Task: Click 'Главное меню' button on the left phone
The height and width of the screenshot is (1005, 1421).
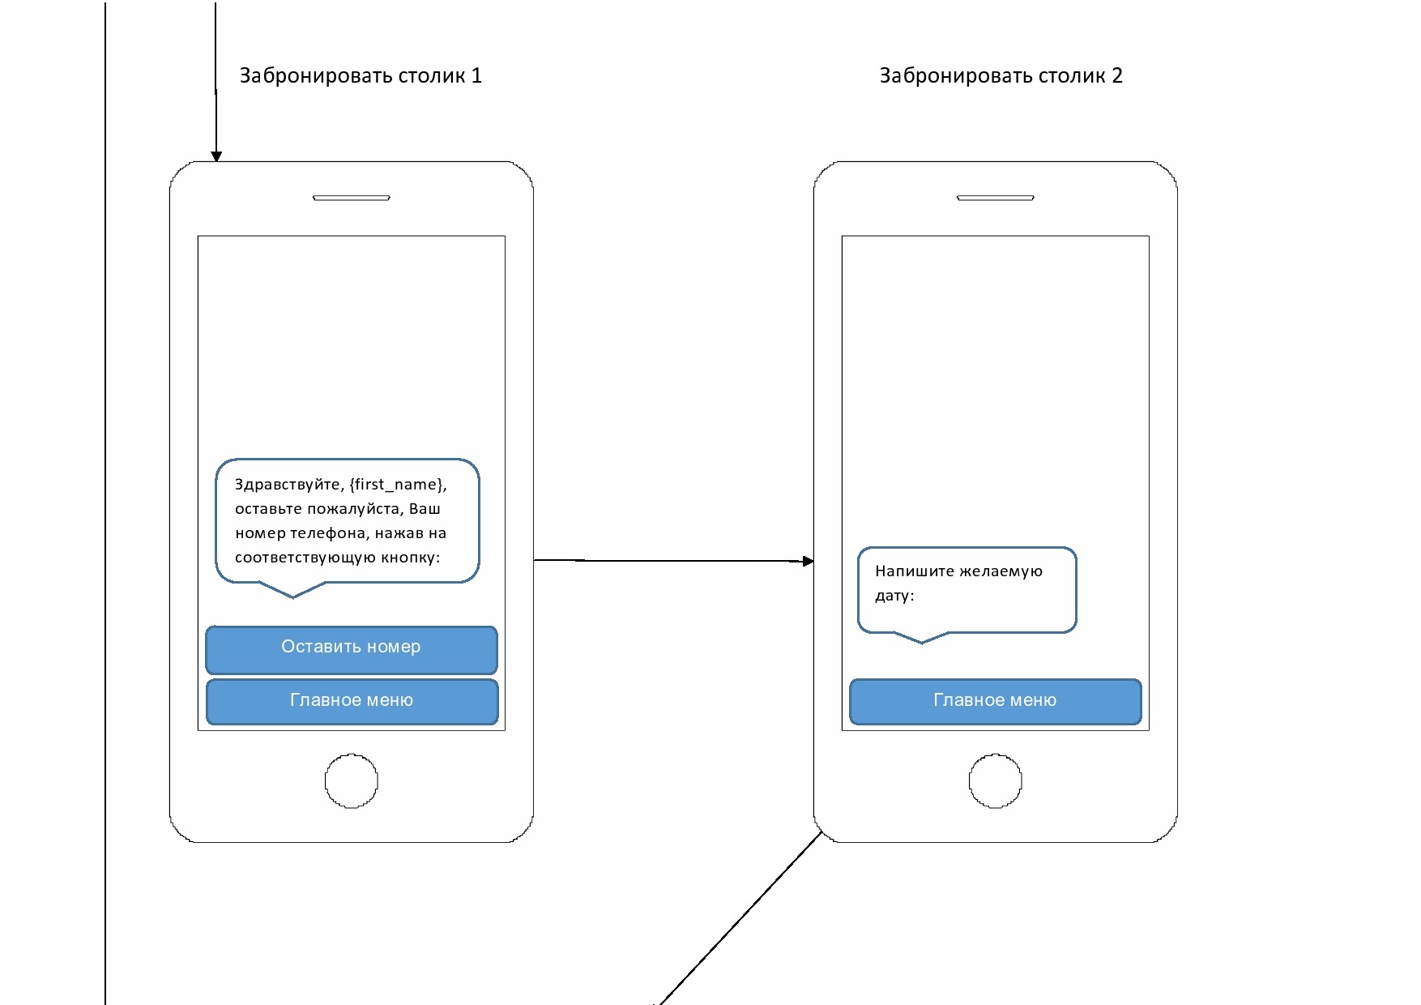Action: coord(351,701)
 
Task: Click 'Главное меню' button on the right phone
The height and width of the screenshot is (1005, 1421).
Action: coord(995,701)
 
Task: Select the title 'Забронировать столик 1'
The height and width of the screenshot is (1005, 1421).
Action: coord(361,76)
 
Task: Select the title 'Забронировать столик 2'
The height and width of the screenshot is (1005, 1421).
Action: coord(1001,76)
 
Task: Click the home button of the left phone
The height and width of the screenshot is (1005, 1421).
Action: coord(352,781)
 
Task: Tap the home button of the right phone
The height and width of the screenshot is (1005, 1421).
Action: coord(996,781)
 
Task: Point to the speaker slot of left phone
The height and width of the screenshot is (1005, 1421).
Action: coord(352,198)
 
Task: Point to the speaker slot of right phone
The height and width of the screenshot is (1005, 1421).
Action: coord(996,198)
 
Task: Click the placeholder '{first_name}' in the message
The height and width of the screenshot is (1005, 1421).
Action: coord(398,485)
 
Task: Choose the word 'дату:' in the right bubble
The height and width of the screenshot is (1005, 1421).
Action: coord(894,596)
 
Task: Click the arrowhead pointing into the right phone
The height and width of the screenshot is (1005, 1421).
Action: coord(808,561)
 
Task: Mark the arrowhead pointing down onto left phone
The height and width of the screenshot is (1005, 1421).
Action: coord(216,156)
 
